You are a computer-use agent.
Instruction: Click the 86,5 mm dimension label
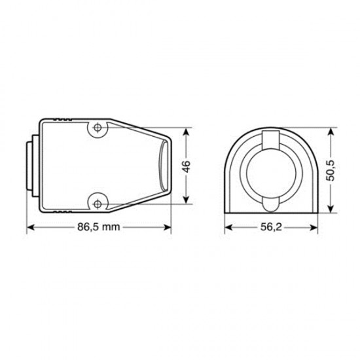pyautogui.click(x=98, y=227)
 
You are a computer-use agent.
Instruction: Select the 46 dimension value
pyautogui.click(x=187, y=166)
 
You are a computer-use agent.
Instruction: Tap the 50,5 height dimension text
pyautogui.click(x=331, y=170)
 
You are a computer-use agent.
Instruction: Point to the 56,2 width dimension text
pyautogui.click(x=271, y=227)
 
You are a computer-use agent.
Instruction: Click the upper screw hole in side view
pyautogui.click(x=98, y=128)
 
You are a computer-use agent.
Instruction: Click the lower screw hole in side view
pyautogui.click(x=98, y=204)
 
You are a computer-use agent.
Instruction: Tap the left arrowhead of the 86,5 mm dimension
pyautogui.click(x=31, y=227)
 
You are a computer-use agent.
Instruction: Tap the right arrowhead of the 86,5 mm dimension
pyautogui.click(x=167, y=227)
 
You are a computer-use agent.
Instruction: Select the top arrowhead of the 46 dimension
pyautogui.click(x=187, y=132)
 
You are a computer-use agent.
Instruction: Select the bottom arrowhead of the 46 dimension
pyautogui.click(x=187, y=199)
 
